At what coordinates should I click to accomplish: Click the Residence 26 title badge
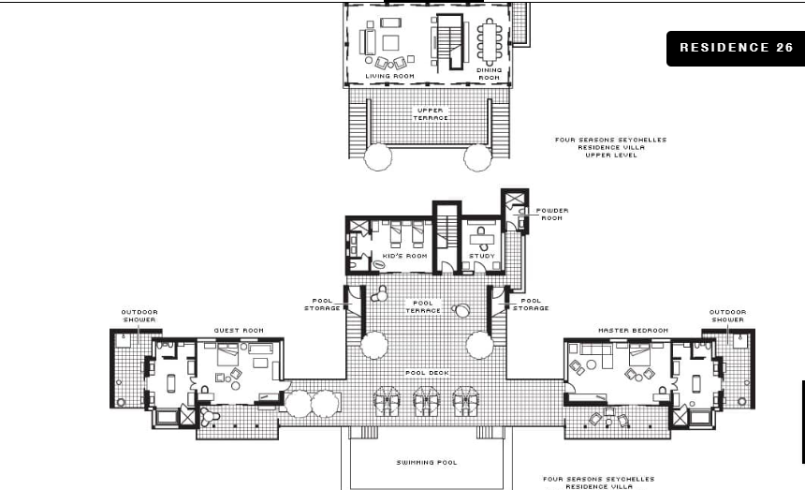(735, 49)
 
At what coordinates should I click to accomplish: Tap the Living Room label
(389, 76)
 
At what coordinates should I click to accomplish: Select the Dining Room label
(489, 74)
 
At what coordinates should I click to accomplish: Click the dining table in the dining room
(490, 41)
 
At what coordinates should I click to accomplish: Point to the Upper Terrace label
(431, 114)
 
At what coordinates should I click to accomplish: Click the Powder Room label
(552, 215)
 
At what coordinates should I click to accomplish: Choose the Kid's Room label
(404, 256)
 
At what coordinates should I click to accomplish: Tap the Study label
(481, 256)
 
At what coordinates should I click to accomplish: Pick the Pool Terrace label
(423, 306)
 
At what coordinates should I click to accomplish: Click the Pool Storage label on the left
(322, 304)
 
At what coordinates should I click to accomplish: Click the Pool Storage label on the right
(531, 304)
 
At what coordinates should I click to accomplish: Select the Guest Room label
(239, 331)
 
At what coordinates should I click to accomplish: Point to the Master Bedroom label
(633, 331)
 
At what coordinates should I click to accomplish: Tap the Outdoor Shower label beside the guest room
(139, 316)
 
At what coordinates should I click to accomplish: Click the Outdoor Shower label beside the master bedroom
(727, 316)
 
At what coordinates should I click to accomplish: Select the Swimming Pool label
(427, 462)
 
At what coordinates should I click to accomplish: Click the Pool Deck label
(427, 373)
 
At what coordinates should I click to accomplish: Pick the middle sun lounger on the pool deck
(427, 401)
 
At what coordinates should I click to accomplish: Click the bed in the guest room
(227, 354)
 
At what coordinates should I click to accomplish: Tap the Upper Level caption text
(611, 156)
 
